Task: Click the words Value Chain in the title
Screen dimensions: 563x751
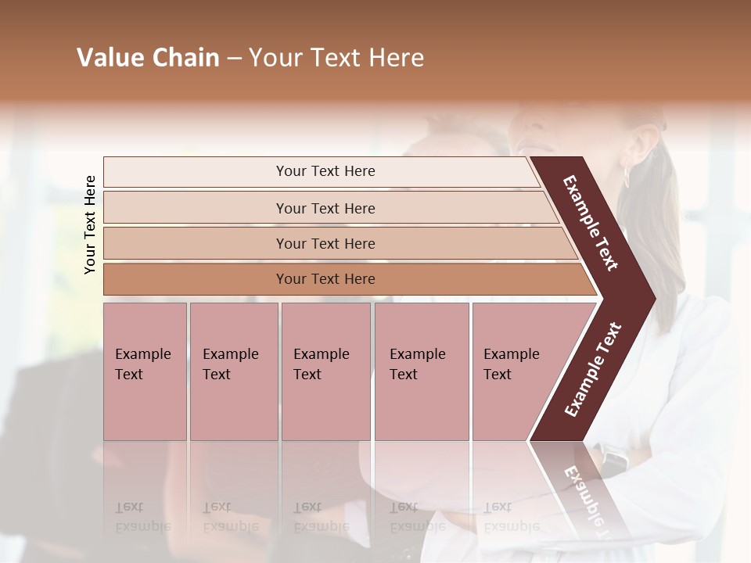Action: [x=148, y=58]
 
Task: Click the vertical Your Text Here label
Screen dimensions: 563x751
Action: [x=90, y=224]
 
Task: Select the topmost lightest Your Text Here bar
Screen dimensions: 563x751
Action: [x=325, y=171]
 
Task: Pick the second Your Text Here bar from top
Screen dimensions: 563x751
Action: [x=325, y=208]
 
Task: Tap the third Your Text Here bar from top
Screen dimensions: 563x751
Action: [x=325, y=243]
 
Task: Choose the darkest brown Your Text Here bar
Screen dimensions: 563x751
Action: [x=325, y=279]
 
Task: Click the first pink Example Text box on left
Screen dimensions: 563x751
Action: [x=145, y=371]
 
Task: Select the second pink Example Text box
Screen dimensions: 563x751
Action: [x=233, y=371]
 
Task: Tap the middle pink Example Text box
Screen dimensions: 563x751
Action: [x=325, y=371]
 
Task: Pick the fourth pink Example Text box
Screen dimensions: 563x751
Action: [x=422, y=371]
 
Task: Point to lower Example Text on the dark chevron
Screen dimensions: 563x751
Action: [x=592, y=370]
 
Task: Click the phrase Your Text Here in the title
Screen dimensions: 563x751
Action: [x=336, y=58]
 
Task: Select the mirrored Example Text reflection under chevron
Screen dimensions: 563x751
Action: [x=587, y=500]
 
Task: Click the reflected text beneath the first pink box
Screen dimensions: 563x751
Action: [x=142, y=516]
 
